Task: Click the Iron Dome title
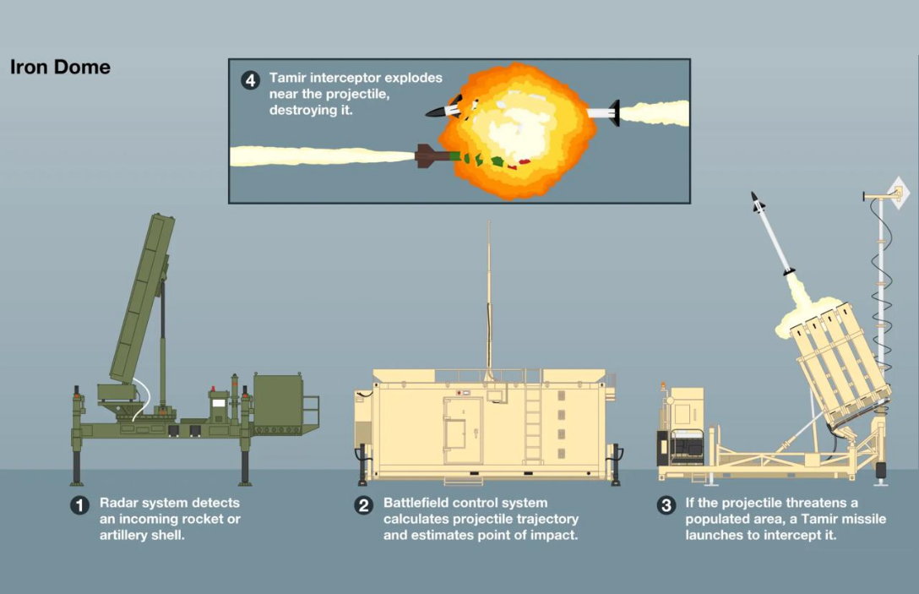pos(60,67)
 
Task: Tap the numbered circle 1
pos(79,505)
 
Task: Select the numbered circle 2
pos(363,505)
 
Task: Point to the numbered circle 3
pos(666,505)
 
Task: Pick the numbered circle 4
pos(250,79)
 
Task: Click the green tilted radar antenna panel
pos(142,299)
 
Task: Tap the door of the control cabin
pos(462,431)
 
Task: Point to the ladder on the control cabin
pos(533,417)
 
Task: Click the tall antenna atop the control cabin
pos(489,296)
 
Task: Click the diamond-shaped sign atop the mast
pos(897,193)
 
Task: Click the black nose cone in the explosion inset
pos(434,112)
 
